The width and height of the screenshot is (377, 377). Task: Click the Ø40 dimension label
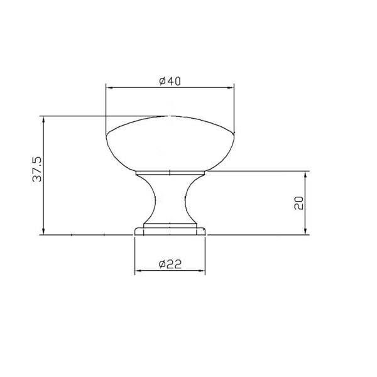point(170,81)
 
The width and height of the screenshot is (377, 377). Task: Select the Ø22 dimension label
point(170,265)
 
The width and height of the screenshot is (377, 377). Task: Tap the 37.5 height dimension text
point(37,169)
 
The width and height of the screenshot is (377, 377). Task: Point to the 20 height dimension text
point(299,203)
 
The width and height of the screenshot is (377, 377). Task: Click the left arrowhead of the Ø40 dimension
point(109,88)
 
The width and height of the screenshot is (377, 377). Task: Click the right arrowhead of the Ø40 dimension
point(230,88)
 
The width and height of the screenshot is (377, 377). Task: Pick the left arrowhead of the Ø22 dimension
point(138,271)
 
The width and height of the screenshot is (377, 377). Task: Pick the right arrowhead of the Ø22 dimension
point(201,271)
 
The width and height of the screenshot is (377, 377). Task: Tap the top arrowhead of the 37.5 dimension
point(43,120)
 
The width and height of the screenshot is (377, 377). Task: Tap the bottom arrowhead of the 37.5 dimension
point(43,231)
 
